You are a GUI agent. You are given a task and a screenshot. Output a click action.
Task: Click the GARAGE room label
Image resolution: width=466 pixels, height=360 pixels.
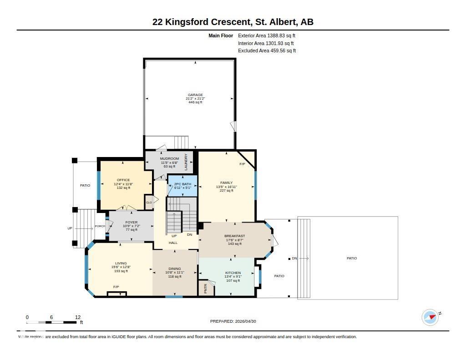(x=195, y=95)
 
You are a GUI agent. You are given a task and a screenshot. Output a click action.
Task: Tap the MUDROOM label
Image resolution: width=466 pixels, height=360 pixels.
(x=169, y=158)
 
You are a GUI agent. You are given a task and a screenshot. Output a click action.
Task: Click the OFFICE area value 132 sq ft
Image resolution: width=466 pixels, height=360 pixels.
(x=123, y=188)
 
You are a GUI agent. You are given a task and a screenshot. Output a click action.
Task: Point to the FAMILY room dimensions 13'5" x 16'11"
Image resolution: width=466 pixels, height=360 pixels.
(x=226, y=187)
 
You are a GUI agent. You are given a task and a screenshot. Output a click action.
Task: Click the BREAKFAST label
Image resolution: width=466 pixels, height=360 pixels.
(x=234, y=236)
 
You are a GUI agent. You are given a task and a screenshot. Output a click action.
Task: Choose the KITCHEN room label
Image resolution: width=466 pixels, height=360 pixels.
(x=233, y=273)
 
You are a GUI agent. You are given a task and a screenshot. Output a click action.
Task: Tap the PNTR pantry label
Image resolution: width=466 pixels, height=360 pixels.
(x=205, y=288)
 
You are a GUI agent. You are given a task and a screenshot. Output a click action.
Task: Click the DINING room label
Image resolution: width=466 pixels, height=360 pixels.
(x=175, y=269)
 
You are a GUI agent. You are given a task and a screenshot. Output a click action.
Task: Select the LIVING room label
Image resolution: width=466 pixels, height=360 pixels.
(x=121, y=263)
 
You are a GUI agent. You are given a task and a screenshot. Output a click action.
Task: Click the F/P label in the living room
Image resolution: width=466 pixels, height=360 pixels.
(x=116, y=287)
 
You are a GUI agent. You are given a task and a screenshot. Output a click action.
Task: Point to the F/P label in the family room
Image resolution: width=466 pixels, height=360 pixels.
(x=242, y=164)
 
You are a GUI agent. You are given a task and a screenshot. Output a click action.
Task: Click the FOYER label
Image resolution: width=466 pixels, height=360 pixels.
(x=132, y=222)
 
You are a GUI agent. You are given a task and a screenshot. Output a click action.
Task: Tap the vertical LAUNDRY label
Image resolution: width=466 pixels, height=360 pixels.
(x=186, y=162)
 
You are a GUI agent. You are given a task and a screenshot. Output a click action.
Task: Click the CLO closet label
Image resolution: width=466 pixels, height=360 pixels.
(x=149, y=203)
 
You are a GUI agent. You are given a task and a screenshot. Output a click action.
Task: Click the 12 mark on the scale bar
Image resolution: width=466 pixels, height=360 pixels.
(x=78, y=317)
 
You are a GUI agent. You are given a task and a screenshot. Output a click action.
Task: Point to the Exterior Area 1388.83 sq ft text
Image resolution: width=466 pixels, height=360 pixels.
(x=267, y=35)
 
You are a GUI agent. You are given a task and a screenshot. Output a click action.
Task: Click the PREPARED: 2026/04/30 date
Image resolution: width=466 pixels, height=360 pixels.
(x=233, y=321)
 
